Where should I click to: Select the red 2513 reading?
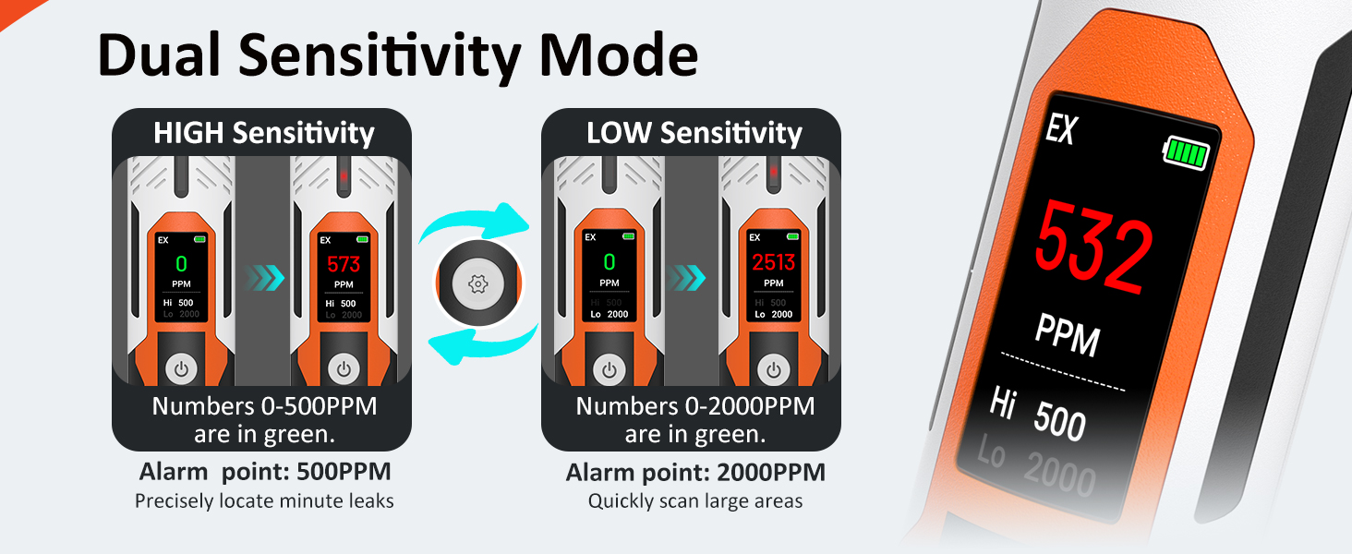773,264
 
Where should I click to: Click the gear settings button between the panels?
478,283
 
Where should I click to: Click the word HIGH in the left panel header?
188,133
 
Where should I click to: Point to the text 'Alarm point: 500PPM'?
265,472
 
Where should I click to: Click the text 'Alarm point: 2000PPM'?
695,473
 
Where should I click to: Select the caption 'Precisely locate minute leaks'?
264,501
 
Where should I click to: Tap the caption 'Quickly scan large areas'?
695,501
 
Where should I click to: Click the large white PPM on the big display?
1068,335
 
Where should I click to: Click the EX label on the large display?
1062,130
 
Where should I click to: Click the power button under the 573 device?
344,370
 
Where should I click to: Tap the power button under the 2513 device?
774,370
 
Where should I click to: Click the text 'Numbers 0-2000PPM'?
695,406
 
